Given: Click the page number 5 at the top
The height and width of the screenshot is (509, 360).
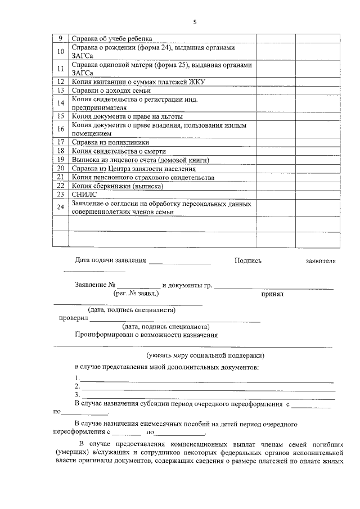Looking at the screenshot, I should (195, 22).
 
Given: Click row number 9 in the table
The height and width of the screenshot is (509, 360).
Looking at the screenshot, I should (60, 39).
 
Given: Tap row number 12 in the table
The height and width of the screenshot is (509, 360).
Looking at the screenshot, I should (60, 82).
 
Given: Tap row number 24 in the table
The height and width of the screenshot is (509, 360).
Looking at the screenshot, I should (60, 207).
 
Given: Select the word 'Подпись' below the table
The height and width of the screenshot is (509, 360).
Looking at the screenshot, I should (248, 261).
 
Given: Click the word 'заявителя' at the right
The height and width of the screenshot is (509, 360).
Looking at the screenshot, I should (320, 261).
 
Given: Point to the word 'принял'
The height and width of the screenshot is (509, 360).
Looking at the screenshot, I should (272, 294).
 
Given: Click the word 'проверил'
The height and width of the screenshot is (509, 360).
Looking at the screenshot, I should (74, 318).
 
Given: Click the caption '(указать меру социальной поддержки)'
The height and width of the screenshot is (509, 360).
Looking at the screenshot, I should (205, 355).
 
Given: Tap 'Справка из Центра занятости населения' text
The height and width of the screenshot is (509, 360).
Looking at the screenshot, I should (134, 168).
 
